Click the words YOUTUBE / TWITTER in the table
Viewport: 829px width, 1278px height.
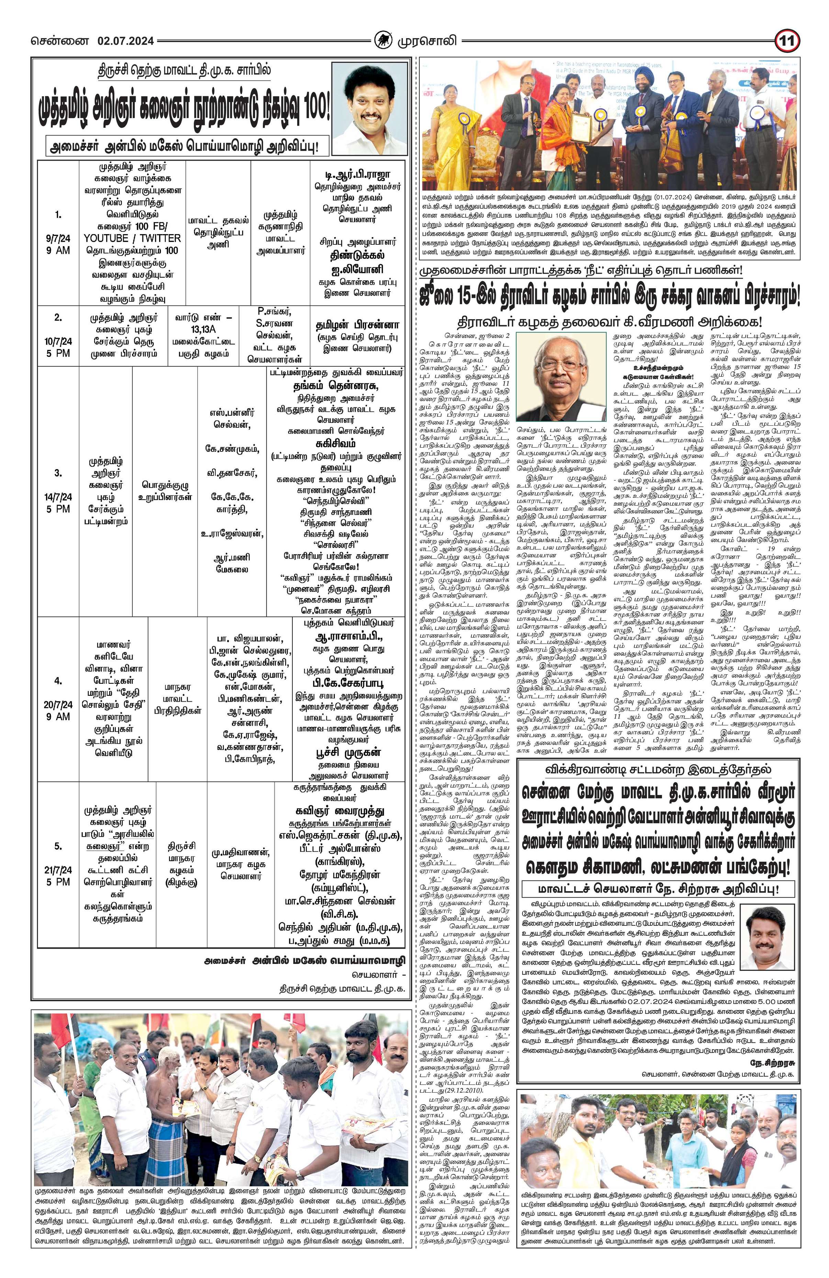pyautogui.click(x=132, y=238)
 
